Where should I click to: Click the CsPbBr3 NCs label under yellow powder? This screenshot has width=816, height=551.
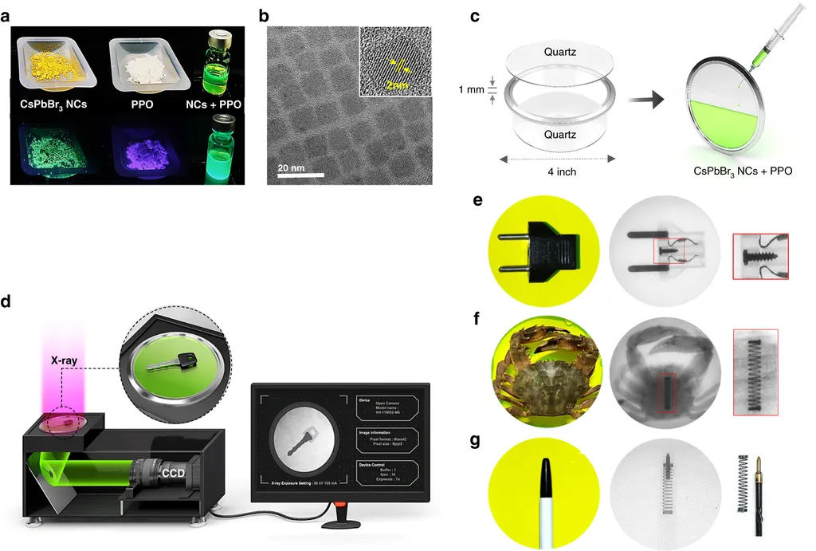point(54,103)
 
